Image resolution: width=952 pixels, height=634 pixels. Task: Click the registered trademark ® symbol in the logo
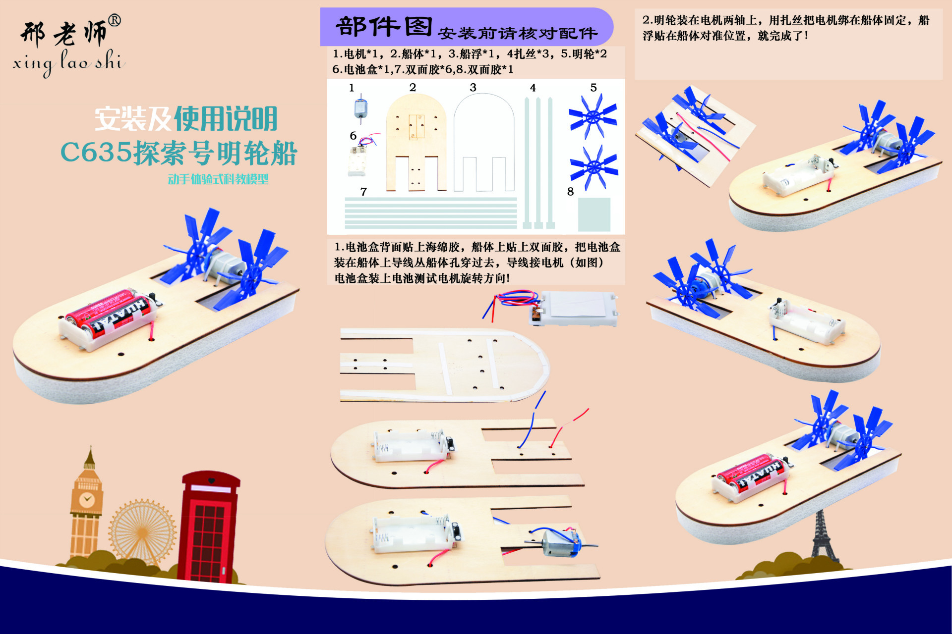pos(114,20)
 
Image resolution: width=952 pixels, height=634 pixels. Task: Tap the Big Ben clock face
pos(87,499)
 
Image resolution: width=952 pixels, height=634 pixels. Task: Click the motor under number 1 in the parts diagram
pos(360,108)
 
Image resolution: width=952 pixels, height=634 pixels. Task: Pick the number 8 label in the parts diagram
pos(570,192)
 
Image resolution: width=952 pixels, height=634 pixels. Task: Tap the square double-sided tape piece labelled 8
pos(594,214)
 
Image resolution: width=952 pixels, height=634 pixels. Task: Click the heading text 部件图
pos(384,27)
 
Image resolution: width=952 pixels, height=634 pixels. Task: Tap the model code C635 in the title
pos(96,152)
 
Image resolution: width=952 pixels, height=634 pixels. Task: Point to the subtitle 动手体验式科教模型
pos(218,179)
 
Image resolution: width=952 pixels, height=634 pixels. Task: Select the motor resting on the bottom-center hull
pos(560,543)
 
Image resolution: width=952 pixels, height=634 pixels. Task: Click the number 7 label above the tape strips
pos(363,192)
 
